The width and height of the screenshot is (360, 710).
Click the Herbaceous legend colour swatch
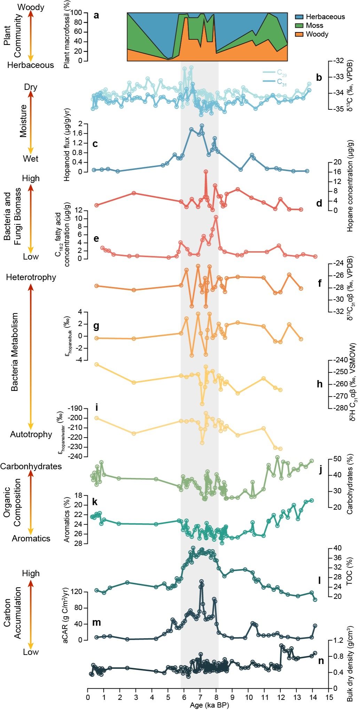[x=299, y=17]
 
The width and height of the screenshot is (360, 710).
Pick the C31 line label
[x=282, y=82]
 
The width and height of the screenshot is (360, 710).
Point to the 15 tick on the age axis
[x=329, y=697]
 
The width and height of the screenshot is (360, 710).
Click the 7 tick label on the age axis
[x=200, y=697]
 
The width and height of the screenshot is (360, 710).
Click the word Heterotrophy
[x=31, y=277]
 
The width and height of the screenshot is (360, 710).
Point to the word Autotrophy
[x=31, y=434]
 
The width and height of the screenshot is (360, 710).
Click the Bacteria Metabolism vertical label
[x=15, y=352]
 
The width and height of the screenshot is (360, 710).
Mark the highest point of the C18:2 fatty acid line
[x=216, y=217]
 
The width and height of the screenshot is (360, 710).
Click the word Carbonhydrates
[x=31, y=466]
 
